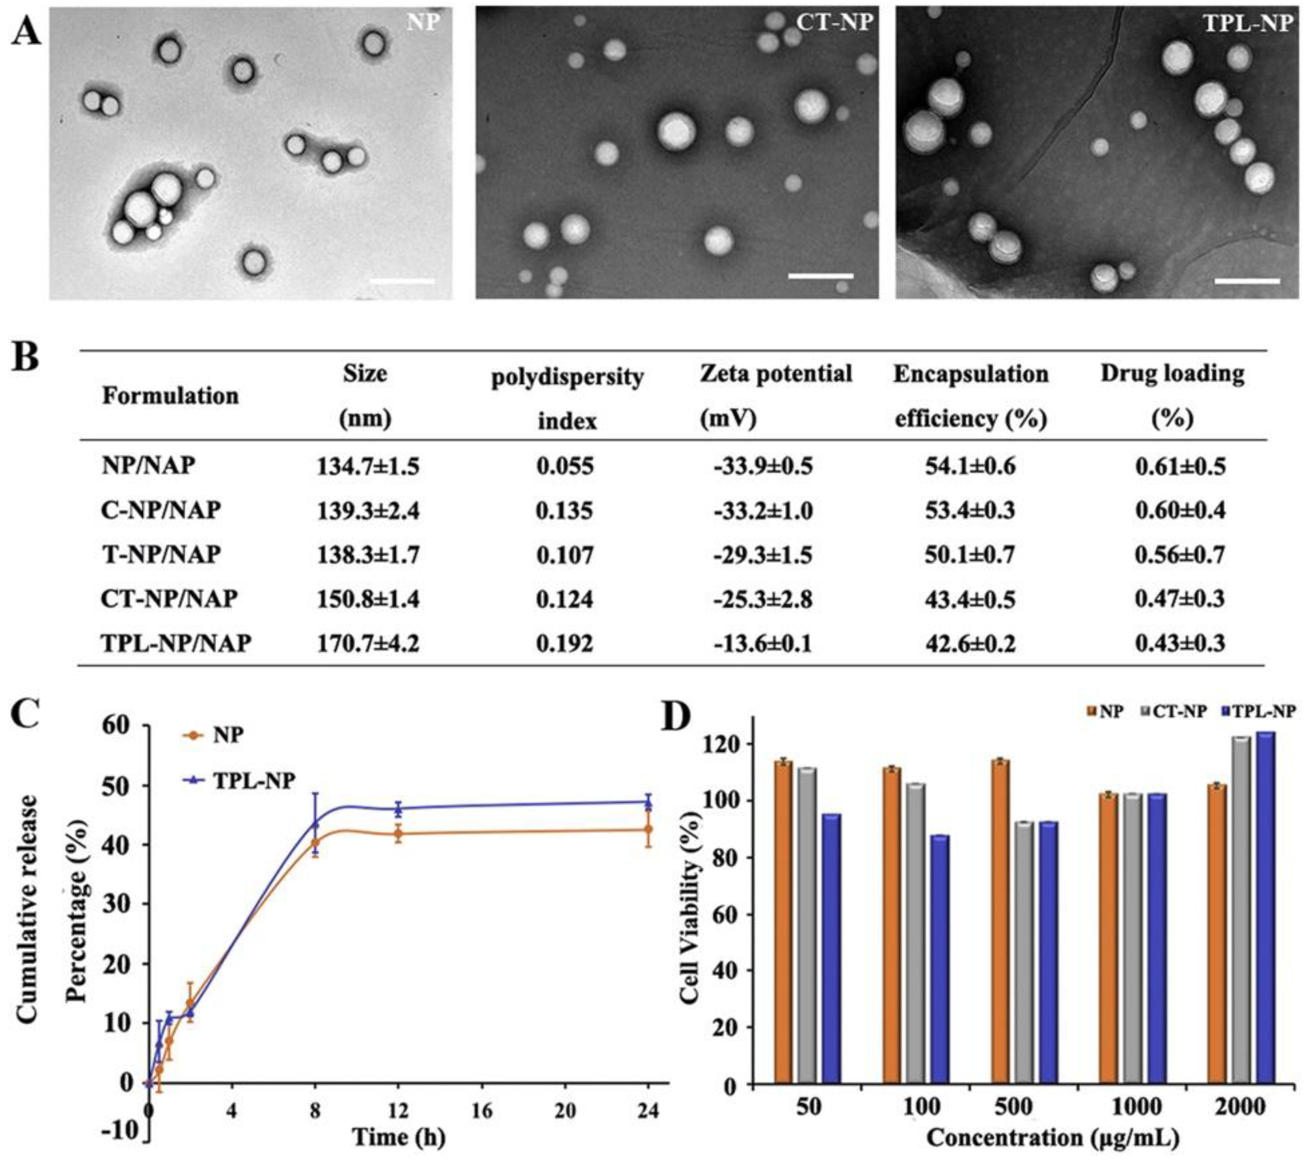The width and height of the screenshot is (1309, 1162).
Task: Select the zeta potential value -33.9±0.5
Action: click(x=762, y=466)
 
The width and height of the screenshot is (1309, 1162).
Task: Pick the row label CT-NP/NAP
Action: click(x=169, y=599)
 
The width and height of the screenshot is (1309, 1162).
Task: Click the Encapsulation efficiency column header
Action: click(x=970, y=396)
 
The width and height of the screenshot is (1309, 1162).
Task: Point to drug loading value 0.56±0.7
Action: click(x=1180, y=554)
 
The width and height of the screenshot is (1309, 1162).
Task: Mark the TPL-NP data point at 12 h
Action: click(x=398, y=809)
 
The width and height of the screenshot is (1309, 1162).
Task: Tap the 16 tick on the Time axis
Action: click(x=482, y=1111)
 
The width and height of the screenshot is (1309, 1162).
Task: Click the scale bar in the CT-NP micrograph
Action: click(x=820, y=276)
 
